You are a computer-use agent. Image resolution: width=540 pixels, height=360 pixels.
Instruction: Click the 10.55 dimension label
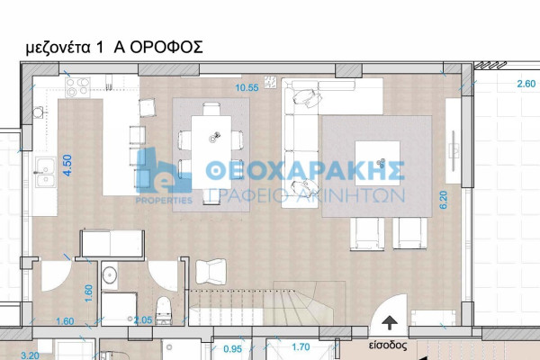point(247,88)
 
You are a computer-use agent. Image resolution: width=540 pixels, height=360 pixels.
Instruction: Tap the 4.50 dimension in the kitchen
point(67,166)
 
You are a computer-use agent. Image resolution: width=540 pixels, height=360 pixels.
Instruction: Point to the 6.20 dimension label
point(443,200)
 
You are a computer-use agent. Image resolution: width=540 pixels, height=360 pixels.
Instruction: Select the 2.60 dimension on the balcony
point(526,84)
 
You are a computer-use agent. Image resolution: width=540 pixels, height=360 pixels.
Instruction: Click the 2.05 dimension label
point(143,320)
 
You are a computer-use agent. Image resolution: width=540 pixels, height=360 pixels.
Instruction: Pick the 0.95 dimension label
point(233,349)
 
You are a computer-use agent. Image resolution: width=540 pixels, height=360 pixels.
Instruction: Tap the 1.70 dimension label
point(301,346)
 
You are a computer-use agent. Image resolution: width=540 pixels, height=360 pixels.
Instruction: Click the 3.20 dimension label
point(30,355)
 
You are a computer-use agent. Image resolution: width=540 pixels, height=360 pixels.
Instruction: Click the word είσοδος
point(388,346)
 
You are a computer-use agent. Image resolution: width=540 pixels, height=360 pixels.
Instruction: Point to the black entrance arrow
point(390,323)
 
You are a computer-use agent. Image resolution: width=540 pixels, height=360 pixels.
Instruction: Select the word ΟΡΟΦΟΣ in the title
point(166,47)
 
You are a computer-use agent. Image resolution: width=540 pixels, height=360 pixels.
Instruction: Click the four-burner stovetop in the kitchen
point(77,87)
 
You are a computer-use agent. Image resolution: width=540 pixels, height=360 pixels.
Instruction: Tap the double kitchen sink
point(45,172)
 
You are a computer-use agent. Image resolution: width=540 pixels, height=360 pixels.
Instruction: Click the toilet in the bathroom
point(164,310)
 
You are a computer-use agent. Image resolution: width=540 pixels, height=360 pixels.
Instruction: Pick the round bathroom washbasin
point(110,274)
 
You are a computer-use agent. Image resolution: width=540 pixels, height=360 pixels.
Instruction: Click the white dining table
point(211,152)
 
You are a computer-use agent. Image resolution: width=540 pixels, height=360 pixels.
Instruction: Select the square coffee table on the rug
point(377,163)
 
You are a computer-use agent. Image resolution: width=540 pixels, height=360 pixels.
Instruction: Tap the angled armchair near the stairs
point(211,272)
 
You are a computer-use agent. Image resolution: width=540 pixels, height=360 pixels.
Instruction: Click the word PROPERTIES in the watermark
point(165,201)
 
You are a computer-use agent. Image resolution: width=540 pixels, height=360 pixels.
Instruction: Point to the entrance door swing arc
point(383,303)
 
